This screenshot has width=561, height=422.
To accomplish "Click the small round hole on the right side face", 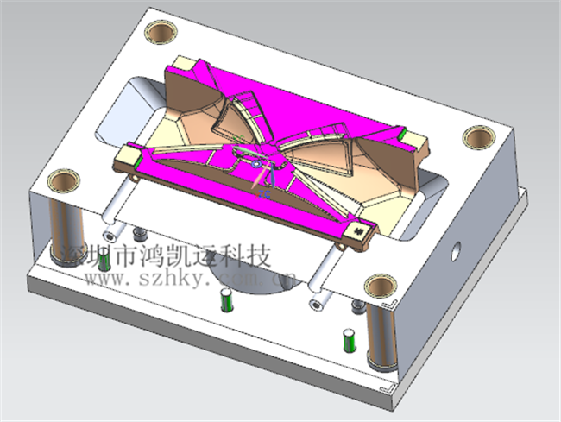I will point(457,253).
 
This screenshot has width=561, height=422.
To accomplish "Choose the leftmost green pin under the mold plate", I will point(108,236).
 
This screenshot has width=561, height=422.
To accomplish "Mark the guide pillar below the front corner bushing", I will point(378,337).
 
